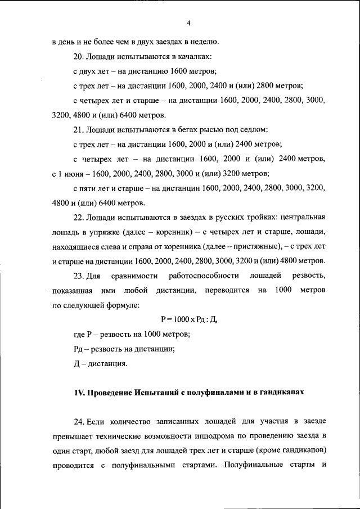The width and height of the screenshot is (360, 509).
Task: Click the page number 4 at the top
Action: coord(188,22)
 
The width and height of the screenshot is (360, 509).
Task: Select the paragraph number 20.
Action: coord(78,56)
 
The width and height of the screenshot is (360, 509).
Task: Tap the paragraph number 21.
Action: coord(78,129)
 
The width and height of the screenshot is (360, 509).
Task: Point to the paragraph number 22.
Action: coord(78,217)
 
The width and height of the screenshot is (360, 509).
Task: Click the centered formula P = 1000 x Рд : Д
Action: coord(188,319)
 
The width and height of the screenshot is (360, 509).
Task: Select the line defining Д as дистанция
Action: coord(100,363)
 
